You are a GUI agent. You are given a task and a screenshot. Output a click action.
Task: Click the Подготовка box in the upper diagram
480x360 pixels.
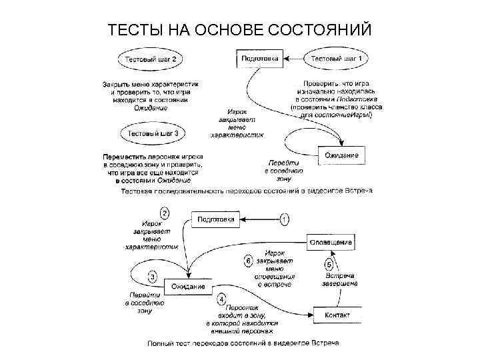tap(259, 59)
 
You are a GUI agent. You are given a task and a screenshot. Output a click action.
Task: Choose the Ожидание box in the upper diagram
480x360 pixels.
tap(341, 156)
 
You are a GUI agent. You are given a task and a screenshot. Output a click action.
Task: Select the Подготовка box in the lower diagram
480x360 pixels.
tap(216, 219)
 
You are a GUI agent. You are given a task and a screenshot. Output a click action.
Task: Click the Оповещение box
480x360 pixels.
tap(329, 242)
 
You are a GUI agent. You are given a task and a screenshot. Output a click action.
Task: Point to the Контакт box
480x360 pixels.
tap(336, 314)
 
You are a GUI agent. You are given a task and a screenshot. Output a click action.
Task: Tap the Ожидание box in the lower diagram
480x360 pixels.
tap(188, 286)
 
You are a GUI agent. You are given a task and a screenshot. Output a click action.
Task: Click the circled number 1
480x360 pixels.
tap(285, 218)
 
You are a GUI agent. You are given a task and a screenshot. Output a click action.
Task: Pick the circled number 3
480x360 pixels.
tap(153, 277)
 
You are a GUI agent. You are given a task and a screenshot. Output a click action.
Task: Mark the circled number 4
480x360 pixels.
tap(221, 300)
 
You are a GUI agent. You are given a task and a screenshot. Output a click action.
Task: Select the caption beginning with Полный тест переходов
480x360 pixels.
tap(243, 343)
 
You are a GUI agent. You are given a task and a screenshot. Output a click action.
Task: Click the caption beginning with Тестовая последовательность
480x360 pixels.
tap(247, 191)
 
